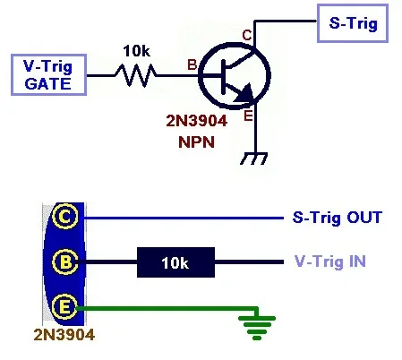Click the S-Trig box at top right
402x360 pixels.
[352, 23]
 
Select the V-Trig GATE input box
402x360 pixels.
[49, 73]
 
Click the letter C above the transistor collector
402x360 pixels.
[247, 34]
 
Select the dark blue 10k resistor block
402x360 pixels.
[175, 262]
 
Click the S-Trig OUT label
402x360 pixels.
[338, 218]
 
